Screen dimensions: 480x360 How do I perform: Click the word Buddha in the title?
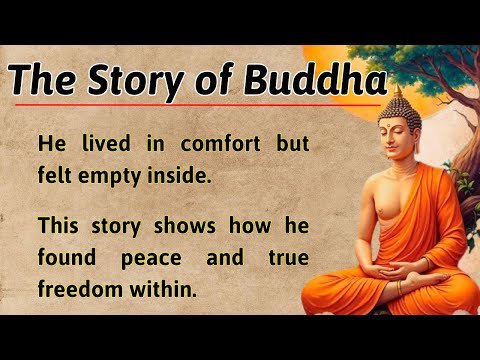click(x=315, y=80)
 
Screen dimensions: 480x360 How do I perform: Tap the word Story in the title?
click(x=136, y=82)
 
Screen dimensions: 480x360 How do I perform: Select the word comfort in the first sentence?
click(x=220, y=143)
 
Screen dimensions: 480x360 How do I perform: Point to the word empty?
click(x=109, y=176)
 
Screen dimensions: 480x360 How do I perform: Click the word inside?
click(x=179, y=174)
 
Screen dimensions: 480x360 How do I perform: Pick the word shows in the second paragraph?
click(x=185, y=225)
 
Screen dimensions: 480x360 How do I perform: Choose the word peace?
click(x=151, y=259)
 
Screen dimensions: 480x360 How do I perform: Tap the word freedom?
click(x=80, y=288)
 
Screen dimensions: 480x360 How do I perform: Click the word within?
click(x=163, y=288)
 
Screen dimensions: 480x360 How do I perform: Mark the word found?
click(x=67, y=257)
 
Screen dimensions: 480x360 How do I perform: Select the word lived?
click(x=106, y=143)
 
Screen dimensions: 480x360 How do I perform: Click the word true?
click(x=289, y=257)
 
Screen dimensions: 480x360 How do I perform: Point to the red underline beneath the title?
click(x=198, y=105)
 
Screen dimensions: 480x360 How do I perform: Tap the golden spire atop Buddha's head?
click(x=398, y=91)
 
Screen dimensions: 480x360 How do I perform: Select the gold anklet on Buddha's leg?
click(x=399, y=287)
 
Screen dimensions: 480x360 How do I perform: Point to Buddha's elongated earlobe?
click(x=416, y=144)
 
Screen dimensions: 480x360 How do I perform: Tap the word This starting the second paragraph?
click(x=58, y=225)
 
